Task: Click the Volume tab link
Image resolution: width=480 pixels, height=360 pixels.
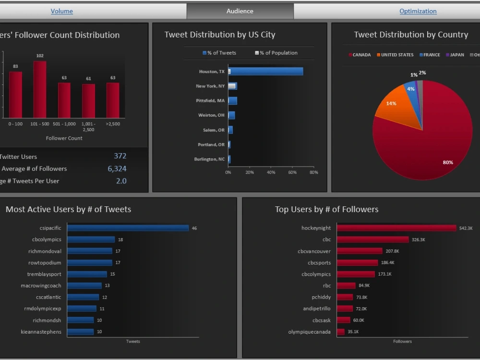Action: [62, 11]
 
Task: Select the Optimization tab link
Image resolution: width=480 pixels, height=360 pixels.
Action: [418, 11]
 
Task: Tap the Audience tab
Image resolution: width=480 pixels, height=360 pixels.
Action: [240, 11]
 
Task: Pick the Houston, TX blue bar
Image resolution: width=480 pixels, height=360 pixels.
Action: [265, 72]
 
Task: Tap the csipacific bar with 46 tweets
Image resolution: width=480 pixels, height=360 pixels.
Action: [128, 228]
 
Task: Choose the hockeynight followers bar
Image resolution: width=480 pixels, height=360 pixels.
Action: [396, 228]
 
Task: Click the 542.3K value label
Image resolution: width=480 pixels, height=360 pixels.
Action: [466, 228]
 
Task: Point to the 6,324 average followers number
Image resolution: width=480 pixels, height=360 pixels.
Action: [117, 168]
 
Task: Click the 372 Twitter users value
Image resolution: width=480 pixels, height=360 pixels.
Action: [120, 156]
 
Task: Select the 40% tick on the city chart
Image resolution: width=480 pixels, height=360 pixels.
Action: [271, 172]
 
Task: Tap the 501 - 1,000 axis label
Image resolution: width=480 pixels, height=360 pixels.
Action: [64, 124]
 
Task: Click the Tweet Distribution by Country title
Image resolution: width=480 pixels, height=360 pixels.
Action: [411, 35]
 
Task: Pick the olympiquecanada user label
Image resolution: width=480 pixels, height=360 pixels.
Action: [309, 332]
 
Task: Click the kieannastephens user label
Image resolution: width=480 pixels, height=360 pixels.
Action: [41, 332]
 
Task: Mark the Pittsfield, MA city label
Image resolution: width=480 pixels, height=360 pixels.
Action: [210, 101]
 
